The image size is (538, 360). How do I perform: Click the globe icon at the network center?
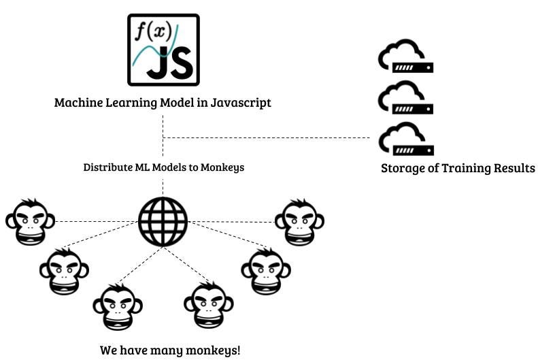163,222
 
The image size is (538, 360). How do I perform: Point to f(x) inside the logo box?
150,31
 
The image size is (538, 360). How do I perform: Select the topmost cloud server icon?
406,57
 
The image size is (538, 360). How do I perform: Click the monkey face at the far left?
30,222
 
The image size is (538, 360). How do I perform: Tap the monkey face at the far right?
299,222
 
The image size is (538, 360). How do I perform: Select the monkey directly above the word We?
118,306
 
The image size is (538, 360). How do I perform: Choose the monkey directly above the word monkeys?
209,306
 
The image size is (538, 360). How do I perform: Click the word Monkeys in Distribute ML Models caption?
222,167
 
